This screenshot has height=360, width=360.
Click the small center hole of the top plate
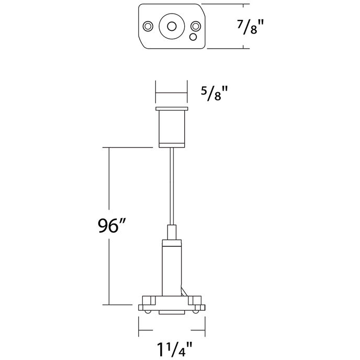(x=171, y=26)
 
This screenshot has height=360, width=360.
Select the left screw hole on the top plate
(x=148, y=26)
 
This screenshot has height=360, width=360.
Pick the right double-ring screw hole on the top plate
(x=195, y=26)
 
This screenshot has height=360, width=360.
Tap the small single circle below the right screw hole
(x=193, y=37)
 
